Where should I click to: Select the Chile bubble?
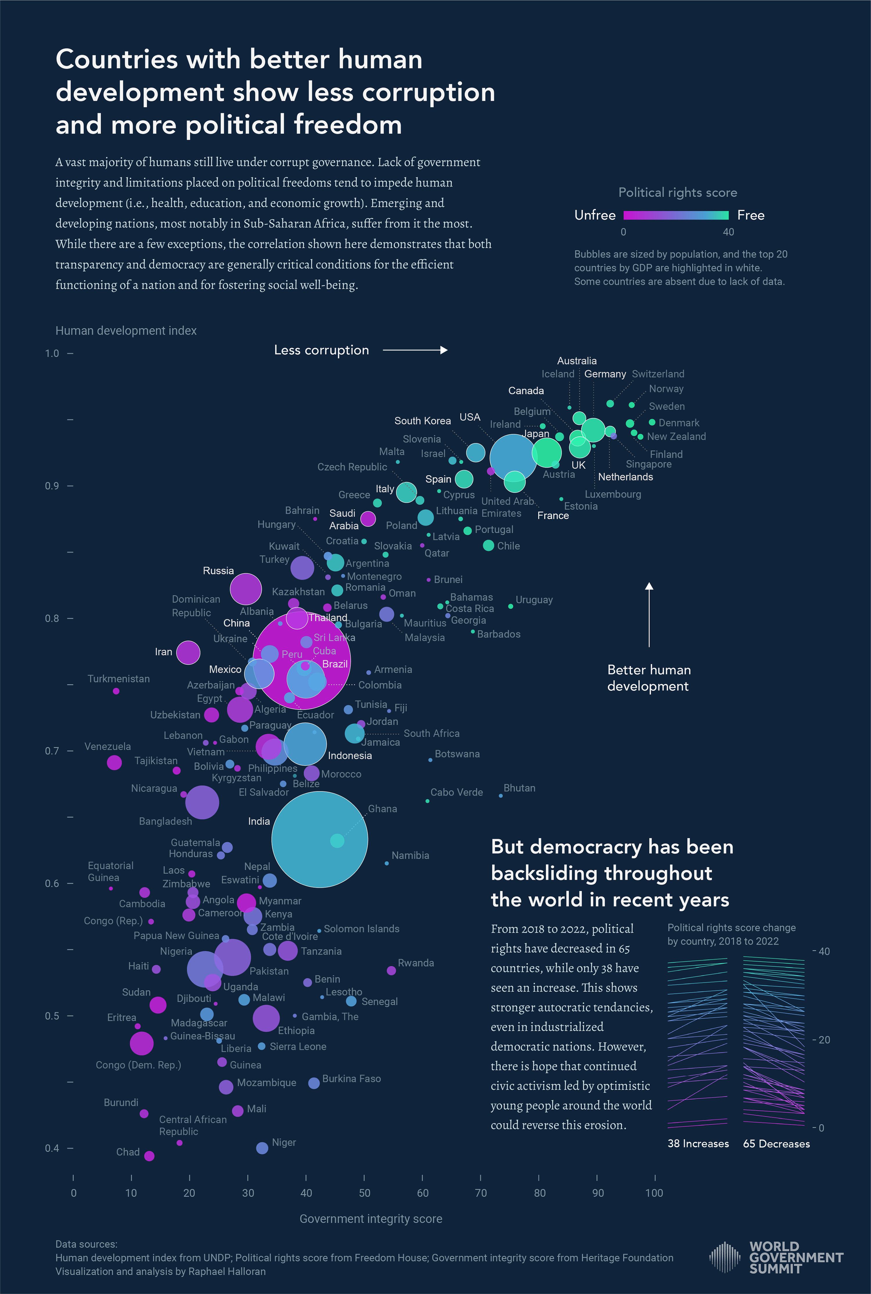pos(488,545)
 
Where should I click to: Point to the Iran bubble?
pos(188,652)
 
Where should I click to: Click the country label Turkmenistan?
pos(118,679)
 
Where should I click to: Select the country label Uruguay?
pos(534,600)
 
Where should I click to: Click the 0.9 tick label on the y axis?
pos(52,486)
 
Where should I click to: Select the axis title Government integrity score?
pos(370,1218)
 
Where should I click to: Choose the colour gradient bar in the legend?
pos(676,215)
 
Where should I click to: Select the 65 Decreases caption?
pos(776,1144)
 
